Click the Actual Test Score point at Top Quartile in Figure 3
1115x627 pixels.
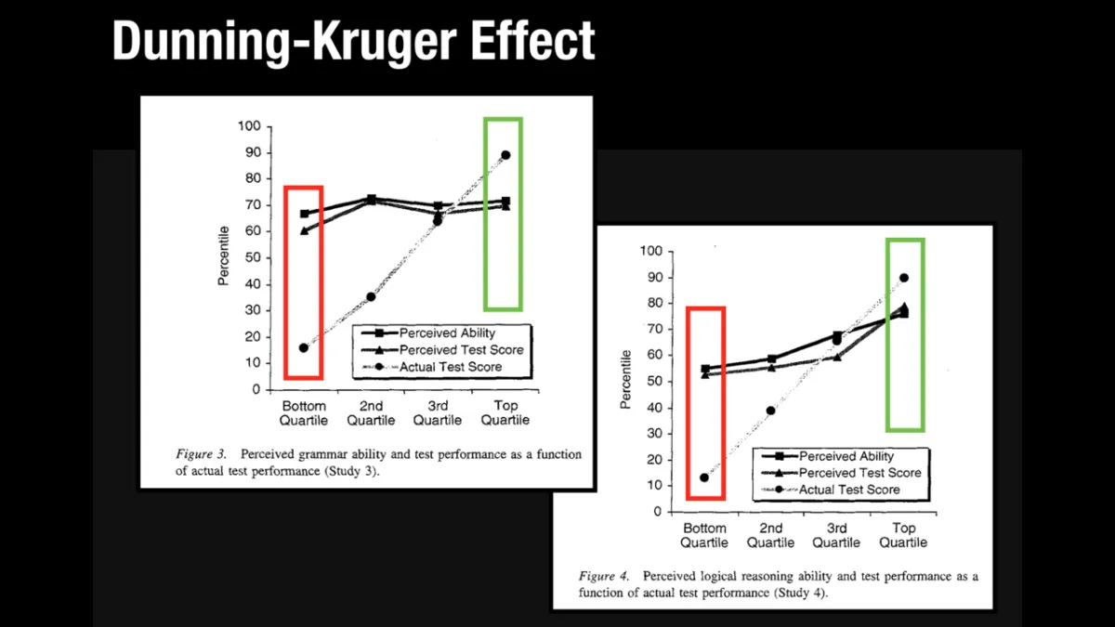(505, 155)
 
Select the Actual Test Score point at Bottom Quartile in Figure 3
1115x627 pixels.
(303, 347)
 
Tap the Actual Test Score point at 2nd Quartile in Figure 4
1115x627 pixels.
(770, 411)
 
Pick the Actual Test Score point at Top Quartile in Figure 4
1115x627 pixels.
(904, 278)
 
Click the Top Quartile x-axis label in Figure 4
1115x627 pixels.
(904, 536)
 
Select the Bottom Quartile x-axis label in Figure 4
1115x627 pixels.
(703, 536)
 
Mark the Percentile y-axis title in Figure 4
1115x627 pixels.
(625, 378)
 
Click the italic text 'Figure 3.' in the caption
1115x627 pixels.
(202, 455)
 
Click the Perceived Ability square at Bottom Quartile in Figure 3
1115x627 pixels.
(304, 214)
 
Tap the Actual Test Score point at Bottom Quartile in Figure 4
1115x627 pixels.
(703, 477)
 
